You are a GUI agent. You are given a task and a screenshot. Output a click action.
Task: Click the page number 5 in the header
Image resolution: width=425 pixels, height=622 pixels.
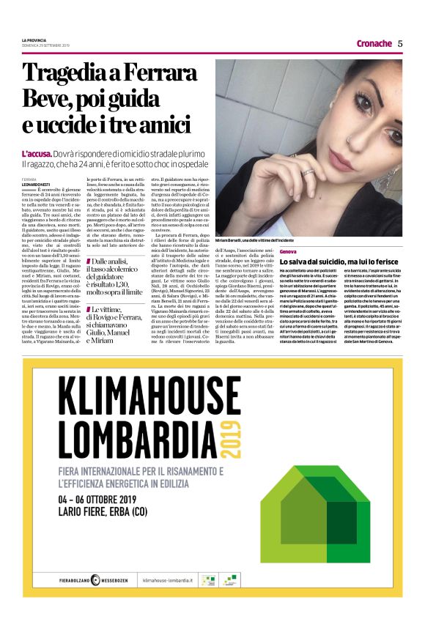point(400,43)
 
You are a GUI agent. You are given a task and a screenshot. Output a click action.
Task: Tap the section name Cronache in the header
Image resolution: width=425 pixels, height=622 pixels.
point(374,43)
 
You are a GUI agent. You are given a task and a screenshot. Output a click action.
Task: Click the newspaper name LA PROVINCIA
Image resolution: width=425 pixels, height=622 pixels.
point(34,40)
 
